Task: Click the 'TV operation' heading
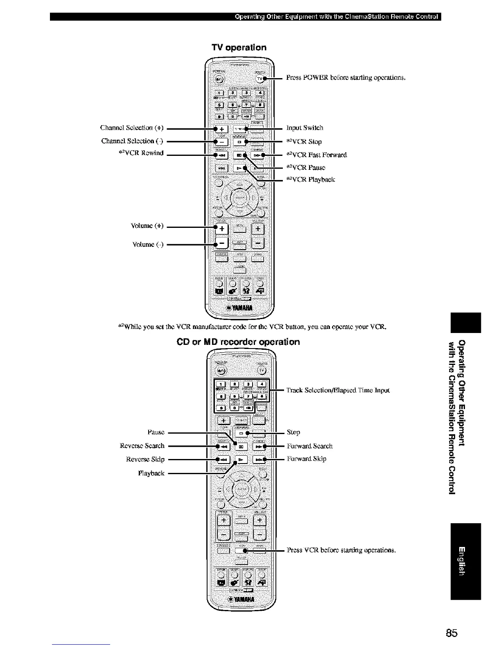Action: [239, 47]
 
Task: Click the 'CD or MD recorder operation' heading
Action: [238, 342]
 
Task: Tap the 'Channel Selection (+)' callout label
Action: [132, 128]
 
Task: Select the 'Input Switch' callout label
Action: [305, 128]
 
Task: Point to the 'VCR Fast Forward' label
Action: [317, 155]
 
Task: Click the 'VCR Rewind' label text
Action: [140, 153]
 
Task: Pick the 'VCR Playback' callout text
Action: [311, 179]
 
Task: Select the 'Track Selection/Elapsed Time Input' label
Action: [338, 390]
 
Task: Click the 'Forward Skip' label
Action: [307, 459]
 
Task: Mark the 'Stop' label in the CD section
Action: [293, 432]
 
